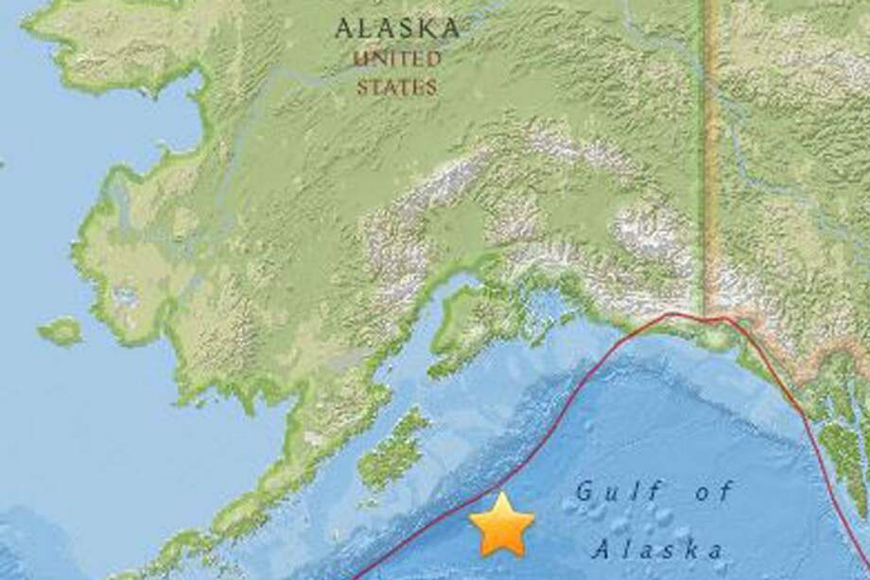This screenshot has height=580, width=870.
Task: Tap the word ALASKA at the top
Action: click(397, 28)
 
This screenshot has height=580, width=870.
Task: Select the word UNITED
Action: click(397, 59)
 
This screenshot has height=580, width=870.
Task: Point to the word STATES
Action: click(397, 87)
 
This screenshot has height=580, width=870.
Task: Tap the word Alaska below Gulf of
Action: click(661, 549)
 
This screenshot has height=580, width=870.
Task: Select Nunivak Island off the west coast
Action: click(62, 330)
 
